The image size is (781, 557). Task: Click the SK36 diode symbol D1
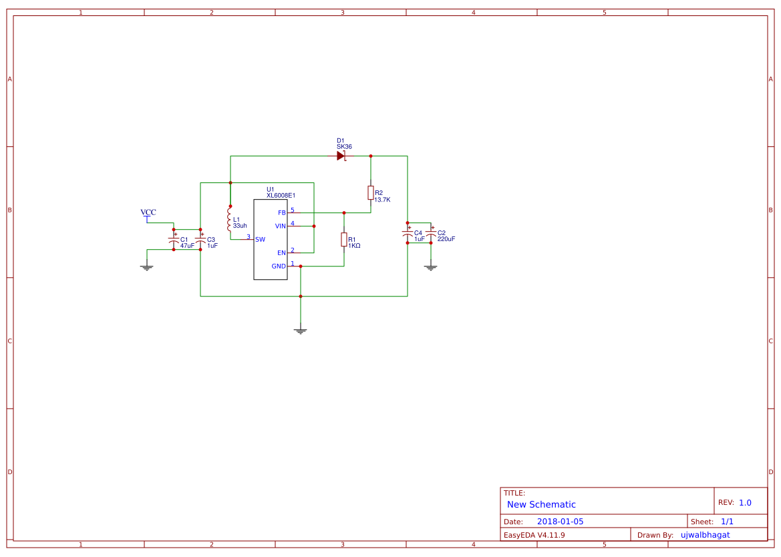341,156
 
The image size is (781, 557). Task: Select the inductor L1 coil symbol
230,222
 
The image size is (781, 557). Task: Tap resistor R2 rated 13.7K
371,193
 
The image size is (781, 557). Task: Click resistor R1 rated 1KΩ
344,239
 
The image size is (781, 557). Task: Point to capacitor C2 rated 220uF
431,236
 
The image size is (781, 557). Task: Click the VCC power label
148,213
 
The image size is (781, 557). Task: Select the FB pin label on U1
281,213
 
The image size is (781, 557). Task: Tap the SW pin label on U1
260,239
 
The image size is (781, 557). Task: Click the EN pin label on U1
281,253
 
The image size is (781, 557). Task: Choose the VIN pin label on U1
280,226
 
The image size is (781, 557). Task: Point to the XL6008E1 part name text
281,196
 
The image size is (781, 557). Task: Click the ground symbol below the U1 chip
301,331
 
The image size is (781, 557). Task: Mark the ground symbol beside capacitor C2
431,267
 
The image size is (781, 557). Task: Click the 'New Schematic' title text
541,505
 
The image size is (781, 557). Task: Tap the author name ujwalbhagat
705,535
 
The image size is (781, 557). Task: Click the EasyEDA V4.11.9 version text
534,535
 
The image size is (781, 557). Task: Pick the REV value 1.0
745,503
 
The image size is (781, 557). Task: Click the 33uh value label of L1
240,226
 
